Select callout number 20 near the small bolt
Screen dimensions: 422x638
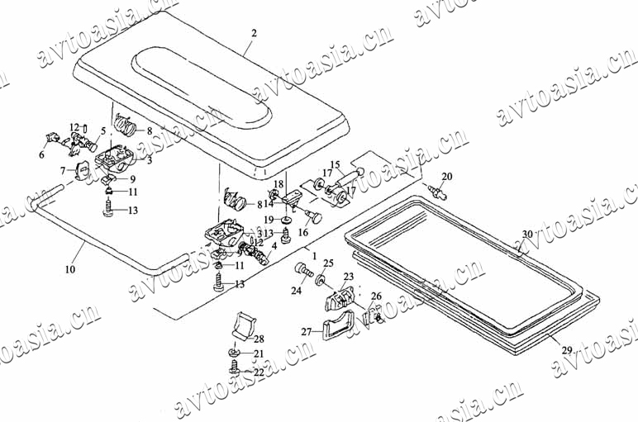pyautogui.click(x=446, y=177)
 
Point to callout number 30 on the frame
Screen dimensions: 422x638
pyautogui.click(x=526, y=235)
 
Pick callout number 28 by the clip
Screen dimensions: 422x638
pyautogui.click(x=259, y=339)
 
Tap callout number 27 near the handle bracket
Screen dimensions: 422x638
pyautogui.click(x=306, y=332)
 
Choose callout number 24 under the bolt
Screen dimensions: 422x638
pyautogui.click(x=296, y=291)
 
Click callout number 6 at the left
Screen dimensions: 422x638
pyautogui.click(x=41, y=154)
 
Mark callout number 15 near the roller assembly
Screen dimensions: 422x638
pyautogui.click(x=336, y=164)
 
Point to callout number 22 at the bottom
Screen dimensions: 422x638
pyautogui.click(x=258, y=372)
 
